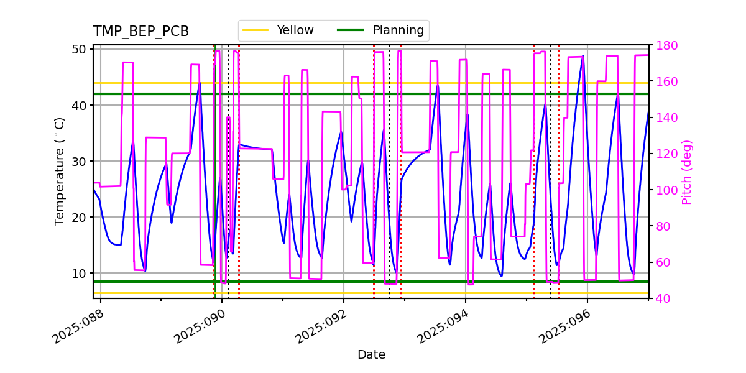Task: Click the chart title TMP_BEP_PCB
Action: coord(141,32)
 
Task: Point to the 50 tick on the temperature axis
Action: coord(81,49)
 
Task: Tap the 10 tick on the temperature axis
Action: coord(81,274)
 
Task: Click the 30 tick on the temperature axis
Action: coord(81,161)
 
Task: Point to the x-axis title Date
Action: coord(371,355)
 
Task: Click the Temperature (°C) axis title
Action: coord(60,172)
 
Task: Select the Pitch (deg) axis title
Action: coord(687,172)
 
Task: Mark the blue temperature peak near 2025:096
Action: coord(583,56)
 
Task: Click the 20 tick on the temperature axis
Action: coord(81,218)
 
